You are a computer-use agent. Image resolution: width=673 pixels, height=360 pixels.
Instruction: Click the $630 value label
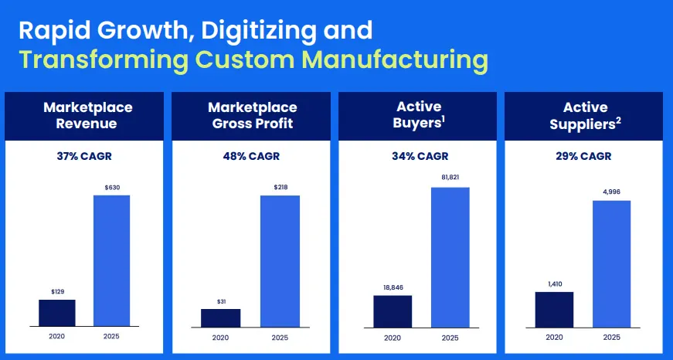111,187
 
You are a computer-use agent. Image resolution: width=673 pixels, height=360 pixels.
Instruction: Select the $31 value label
220,301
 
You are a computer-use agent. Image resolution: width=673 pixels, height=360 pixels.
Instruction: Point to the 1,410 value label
554,284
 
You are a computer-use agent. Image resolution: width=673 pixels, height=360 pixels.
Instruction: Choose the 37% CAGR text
86,157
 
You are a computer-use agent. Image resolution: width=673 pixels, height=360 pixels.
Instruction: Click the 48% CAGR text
253,157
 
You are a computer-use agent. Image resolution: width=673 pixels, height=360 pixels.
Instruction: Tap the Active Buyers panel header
418,115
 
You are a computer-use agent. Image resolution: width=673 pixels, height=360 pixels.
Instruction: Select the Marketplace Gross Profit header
252,115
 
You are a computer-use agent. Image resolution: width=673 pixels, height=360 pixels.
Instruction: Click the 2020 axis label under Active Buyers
393,337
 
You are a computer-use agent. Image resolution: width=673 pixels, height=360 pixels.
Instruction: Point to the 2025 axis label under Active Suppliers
611,337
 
